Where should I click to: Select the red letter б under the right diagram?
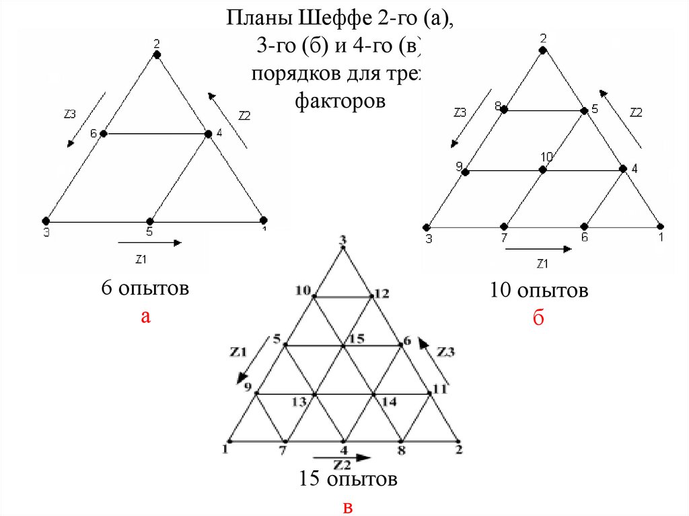[x=538, y=318]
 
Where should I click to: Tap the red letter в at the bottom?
[x=348, y=507]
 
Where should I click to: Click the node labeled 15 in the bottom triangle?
[x=343, y=346]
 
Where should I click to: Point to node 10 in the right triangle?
[x=544, y=170]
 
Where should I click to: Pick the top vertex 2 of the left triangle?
[x=157, y=56]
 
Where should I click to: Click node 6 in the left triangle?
[x=104, y=134]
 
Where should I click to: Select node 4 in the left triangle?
[x=209, y=134]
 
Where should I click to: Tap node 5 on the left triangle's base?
[x=150, y=221]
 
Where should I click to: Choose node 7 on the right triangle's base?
[x=504, y=226]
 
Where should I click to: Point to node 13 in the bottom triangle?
[x=314, y=394]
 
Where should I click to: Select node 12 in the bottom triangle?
[x=372, y=296]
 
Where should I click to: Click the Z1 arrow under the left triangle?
[x=149, y=242]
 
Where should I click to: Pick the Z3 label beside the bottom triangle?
[x=446, y=351]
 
